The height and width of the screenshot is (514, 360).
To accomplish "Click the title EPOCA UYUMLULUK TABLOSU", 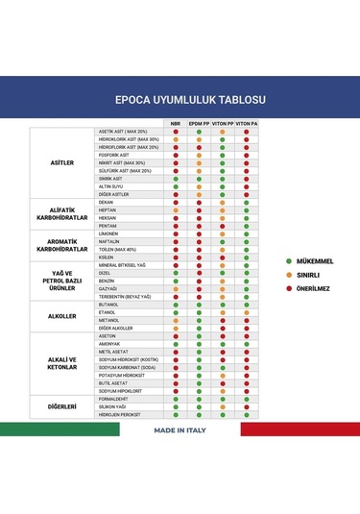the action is tap(180, 99).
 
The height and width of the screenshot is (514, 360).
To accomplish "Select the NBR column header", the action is tap(176, 124).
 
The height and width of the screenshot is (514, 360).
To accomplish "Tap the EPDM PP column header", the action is tap(199, 124).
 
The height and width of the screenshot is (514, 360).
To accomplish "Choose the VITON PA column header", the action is tap(247, 124).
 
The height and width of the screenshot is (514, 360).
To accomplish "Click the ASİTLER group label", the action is tap(61, 163).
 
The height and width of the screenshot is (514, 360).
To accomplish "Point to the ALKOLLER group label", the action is tap(61, 316).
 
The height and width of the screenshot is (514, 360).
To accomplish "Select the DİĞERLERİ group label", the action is tap(61, 406).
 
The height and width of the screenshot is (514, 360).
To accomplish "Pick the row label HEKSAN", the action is tap(108, 218).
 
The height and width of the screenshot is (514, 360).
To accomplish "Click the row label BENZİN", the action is tap(108, 281).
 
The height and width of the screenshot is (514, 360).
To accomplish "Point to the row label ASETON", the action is tap(108, 335).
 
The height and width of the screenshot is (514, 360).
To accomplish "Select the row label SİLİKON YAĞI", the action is tap(113, 406).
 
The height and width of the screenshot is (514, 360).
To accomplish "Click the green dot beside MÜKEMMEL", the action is tap(289, 260).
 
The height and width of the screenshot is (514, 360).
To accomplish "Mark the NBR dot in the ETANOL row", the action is tap(176, 312).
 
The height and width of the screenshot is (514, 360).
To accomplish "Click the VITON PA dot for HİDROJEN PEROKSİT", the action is tap(247, 414).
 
